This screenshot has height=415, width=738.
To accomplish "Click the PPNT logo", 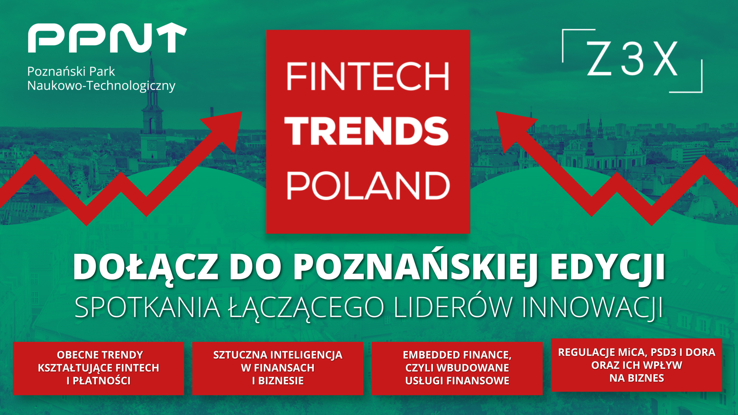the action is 107,38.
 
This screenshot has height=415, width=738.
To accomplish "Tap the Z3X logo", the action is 632,61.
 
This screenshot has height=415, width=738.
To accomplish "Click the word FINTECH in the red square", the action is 368,76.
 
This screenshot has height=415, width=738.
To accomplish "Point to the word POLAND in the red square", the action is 368,186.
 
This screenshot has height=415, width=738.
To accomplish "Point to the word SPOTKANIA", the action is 147,307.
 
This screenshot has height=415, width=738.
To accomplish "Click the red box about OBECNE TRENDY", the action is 98,368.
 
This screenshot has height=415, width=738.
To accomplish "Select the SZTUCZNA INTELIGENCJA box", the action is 278,368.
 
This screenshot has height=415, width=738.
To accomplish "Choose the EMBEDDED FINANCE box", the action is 457,368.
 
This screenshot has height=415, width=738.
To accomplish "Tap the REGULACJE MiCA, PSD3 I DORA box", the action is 637,365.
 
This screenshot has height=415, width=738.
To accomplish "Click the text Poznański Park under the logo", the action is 71,71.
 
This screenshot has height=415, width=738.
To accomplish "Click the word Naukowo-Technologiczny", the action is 101,86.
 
